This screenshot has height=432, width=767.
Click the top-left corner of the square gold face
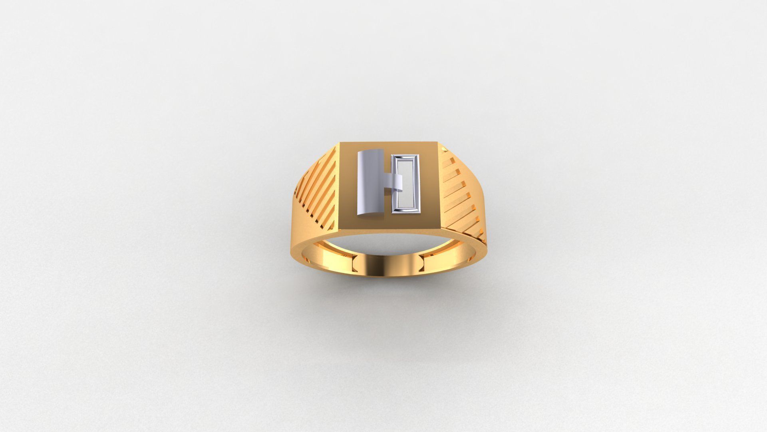(x=341, y=143)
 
